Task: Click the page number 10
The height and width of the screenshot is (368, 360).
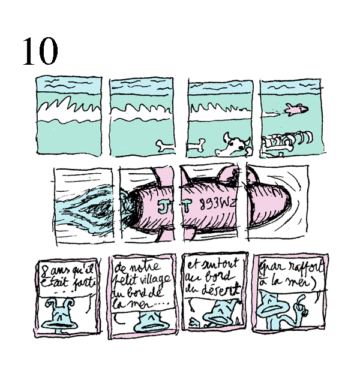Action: [x=40, y=52]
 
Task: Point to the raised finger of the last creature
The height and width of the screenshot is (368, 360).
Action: [x=303, y=308]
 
